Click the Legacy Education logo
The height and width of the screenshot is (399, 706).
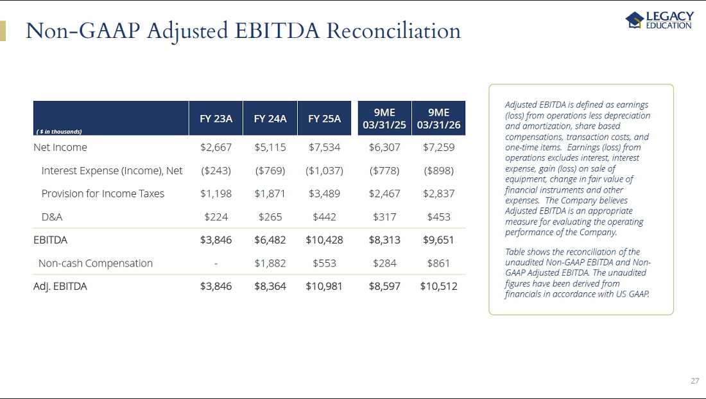point(659,21)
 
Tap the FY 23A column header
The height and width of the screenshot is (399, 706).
point(216,119)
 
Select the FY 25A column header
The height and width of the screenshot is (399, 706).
point(324,119)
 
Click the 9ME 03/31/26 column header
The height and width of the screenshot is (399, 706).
point(438,119)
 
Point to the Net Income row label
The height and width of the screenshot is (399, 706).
point(60,147)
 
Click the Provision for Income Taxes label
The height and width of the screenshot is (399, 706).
point(103,194)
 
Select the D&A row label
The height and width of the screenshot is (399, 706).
point(52,217)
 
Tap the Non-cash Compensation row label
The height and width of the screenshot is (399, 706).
point(96,263)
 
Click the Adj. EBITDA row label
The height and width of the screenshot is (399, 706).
point(60,287)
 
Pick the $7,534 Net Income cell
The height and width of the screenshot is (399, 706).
point(324,147)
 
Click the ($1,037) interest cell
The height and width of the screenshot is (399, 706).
point(324,171)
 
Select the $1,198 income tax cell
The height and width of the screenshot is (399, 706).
point(216,194)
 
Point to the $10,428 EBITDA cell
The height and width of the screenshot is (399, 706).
point(324,240)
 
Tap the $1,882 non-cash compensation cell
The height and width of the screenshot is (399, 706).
point(270,263)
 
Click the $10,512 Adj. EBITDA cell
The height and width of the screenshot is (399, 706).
point(438,287)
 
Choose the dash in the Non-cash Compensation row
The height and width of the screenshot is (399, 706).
point(216,263)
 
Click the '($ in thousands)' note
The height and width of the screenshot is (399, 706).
point(59,132)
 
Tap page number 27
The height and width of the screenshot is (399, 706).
point(694,381)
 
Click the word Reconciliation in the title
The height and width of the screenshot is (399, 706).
point(393,31)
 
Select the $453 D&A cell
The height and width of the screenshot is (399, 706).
point(438,217)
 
